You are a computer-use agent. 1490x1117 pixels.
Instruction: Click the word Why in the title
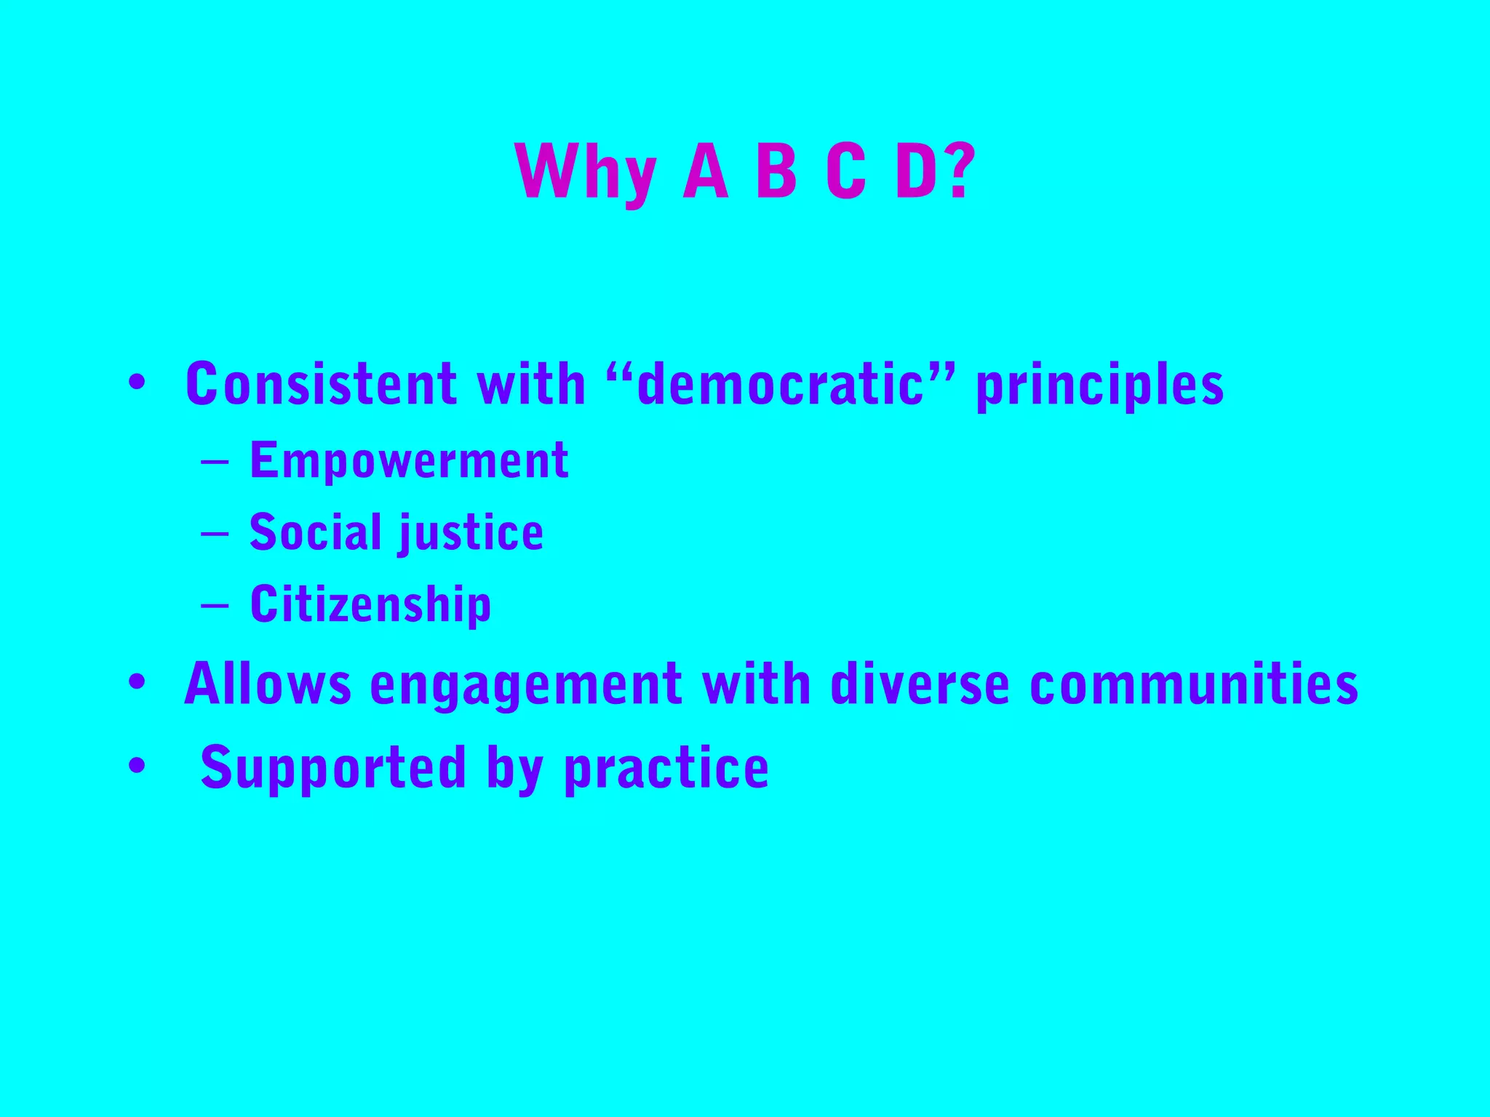click(586, 172)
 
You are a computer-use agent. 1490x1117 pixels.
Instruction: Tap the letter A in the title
click(705, 172)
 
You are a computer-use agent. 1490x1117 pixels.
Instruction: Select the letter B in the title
click(776, 172)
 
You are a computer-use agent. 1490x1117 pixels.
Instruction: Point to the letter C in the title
click(846, 172)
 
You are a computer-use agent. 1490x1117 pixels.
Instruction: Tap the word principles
click(1099, 385)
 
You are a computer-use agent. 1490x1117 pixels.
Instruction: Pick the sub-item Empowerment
click(409, 460)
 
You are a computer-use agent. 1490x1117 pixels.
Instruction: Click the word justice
click(471, 533)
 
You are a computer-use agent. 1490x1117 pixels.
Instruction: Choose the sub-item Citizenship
click(370, 604)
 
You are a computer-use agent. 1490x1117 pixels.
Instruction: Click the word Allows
click(268, 684)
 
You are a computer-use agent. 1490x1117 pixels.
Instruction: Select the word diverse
click(920, 684)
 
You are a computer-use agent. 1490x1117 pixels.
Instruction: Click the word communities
click(1194, 684)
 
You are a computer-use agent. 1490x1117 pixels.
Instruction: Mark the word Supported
click(332, 768)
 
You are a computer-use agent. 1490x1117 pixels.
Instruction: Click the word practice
click(666, 768)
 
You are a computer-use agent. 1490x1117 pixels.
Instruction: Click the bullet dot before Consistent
click(136, 383)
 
